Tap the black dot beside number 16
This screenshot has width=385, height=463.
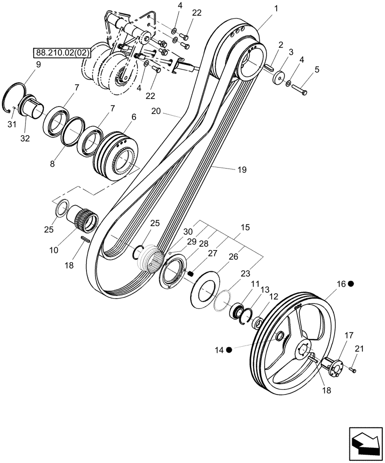pos(352,284)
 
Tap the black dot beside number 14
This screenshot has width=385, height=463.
pos(229,350)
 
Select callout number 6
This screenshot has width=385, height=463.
pos(134,118)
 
